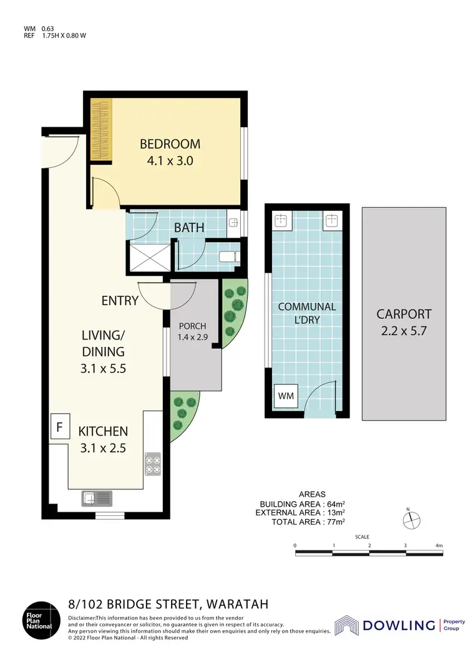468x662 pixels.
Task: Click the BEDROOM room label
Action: pos(170,144)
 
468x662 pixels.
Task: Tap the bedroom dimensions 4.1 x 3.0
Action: pos(170,160)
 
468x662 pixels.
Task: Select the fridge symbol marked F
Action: pos(60,428)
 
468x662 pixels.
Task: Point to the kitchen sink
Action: pos(96,498)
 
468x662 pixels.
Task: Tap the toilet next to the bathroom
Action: pos(227,256)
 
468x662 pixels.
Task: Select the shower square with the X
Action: pos(149,257)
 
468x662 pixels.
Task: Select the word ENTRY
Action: pos(120,301)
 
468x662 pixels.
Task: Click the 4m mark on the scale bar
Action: pos(439,546)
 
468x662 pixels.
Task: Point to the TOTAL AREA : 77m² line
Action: pos(308,521)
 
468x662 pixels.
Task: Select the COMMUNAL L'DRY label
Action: pos(307,313)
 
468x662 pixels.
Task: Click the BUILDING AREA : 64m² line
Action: pos(303,504)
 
